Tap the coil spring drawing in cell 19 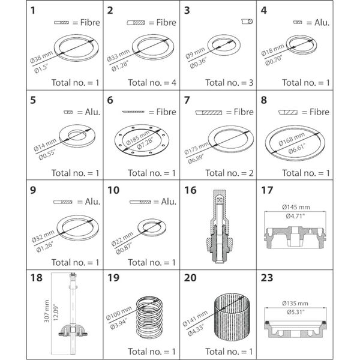click(x=149, y=316)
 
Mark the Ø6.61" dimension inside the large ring click(x=295, y=148)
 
